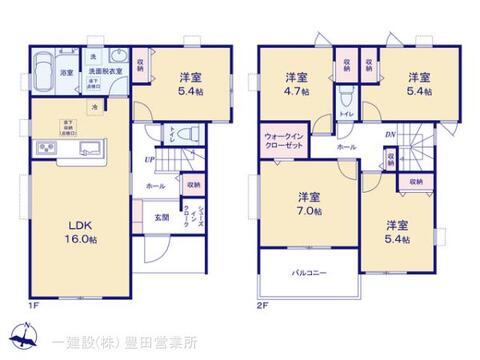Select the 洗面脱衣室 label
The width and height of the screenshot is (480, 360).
pos(101,73)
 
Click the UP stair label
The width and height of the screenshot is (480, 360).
pos(149,160)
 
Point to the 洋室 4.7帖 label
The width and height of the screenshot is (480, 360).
pos(294,83)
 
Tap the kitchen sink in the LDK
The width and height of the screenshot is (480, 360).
pos(48,149)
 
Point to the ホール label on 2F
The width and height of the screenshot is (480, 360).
pos(346,146)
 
